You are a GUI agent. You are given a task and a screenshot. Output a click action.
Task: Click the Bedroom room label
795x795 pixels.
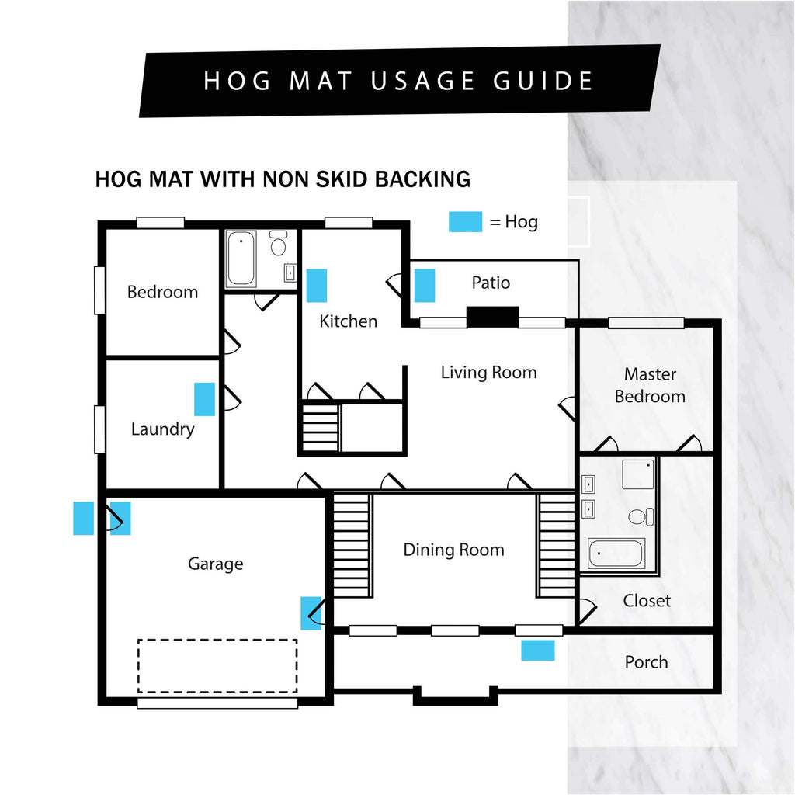[x=162, y=292]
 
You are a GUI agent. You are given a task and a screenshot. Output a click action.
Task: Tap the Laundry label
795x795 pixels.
[x=163, y=429]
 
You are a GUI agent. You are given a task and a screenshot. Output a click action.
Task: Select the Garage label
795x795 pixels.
[x=216, y=564]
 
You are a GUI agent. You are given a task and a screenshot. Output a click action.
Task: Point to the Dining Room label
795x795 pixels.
[x=453, y=550]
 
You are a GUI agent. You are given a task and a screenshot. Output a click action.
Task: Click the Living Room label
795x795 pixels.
[x=489, y=373]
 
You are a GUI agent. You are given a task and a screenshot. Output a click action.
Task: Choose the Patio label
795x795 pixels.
[x=491, y=283]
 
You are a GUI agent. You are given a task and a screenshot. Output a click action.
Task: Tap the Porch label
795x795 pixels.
[x=646, y=662]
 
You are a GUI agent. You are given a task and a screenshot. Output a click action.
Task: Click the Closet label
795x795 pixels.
[x=647, y=601]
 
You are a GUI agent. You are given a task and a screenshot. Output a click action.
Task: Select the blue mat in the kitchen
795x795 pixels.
[x=317, y=286]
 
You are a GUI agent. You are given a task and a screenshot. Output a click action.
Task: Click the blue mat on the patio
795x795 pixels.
[x=425, y=286]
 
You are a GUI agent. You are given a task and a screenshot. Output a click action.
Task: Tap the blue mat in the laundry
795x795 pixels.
[x=204, y=399]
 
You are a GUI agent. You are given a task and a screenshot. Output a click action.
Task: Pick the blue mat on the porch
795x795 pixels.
[x=538, y=651]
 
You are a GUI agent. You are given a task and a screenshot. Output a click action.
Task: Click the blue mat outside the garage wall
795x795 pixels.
[x=84, y=518]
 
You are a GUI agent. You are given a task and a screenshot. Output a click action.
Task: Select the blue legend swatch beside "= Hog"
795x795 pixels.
[x=466, y=221]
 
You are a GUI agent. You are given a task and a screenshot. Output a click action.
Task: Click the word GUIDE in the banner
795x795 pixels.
[x=543, y=81]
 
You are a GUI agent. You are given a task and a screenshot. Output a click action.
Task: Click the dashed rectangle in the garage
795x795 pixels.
[x=217, y=665]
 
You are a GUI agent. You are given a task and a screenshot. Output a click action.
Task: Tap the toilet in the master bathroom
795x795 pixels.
[x=641, y=516]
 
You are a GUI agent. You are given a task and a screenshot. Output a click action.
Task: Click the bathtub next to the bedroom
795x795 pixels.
[x=241, y=259]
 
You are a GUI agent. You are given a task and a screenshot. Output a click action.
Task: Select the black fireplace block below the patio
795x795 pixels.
[x=492, y=317]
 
